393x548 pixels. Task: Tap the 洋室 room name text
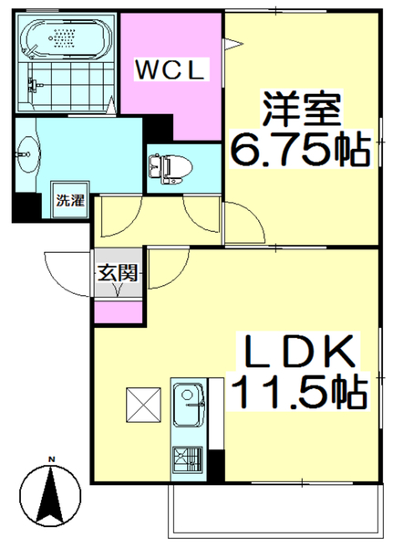(303, 111)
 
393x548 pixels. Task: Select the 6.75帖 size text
(302, 149)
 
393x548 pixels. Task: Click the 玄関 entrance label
(118, 271)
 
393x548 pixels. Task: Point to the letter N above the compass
(52, 459)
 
